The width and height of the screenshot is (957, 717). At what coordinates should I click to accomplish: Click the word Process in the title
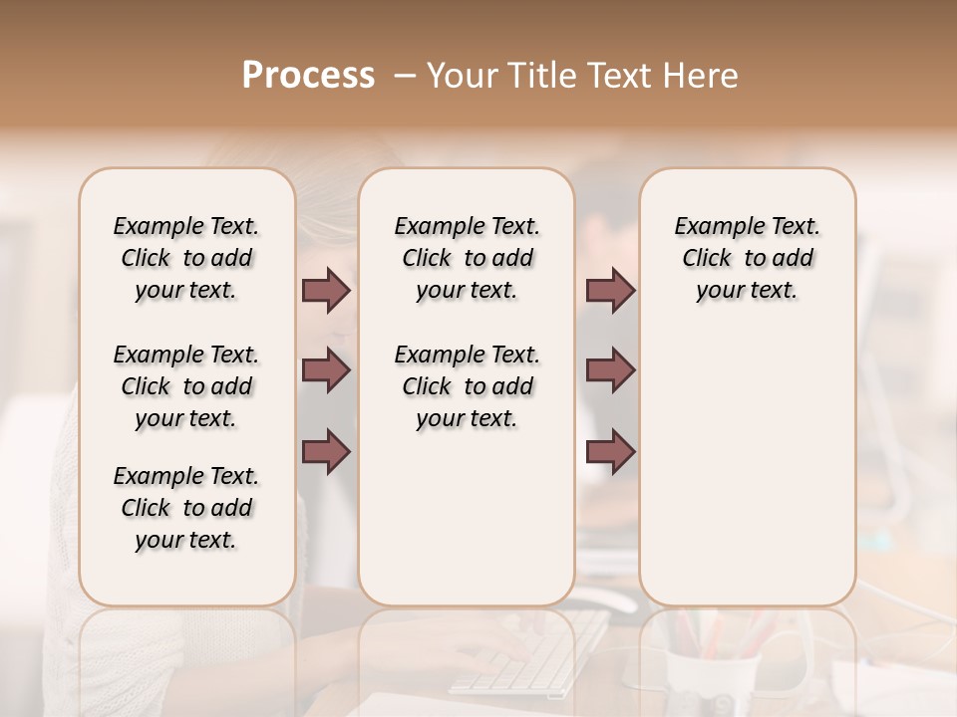[308, 76]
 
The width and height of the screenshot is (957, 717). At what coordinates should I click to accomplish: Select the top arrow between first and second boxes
[326, 290]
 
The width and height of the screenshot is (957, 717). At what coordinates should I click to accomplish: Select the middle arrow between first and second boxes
[326, 370]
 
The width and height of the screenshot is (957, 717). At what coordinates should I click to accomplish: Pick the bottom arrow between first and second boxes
[326, 451]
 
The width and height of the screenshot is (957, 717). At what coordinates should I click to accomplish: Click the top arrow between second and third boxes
[610, 290]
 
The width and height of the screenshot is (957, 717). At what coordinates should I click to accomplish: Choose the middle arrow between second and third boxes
[610, 370]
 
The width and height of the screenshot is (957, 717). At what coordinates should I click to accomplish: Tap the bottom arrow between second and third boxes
[610, 451]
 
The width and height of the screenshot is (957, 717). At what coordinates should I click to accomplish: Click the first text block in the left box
[186, 258]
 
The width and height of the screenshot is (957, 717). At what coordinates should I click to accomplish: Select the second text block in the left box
[186, 386]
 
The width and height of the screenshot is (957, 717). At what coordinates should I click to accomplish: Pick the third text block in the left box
[186, 508]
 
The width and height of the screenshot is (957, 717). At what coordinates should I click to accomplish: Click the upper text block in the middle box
[467, 258]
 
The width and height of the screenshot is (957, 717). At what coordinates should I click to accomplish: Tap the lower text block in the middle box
[467, 386]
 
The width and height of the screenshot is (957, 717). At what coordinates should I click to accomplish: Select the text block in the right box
[747, 258]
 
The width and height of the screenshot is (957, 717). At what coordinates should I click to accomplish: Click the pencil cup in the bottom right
[713, 662]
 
